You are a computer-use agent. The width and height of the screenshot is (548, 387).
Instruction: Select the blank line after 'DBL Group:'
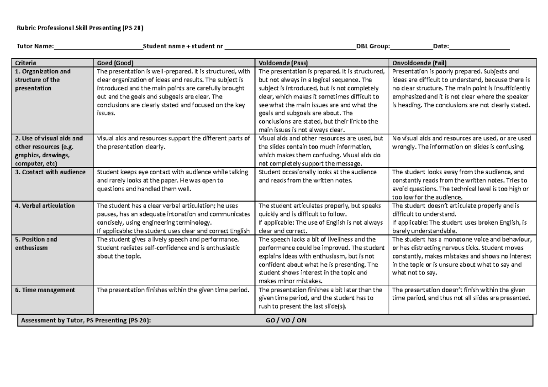pos(411,46)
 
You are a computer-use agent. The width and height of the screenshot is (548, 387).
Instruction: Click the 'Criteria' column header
pos(26,63)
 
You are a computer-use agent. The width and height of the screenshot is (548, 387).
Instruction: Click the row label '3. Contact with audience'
pos(50,172)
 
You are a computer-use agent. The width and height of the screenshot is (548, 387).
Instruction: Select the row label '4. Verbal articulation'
pos(45,206)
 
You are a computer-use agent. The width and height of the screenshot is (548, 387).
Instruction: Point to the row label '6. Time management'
pos(45,290)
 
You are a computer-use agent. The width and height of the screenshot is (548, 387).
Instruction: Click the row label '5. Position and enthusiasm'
pos(36,244)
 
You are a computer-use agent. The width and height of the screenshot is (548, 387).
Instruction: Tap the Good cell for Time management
pos(174,290)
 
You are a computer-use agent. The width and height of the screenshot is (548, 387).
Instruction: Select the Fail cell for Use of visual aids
pos(461,143)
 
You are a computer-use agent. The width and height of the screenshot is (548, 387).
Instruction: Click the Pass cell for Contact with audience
pos(318,176)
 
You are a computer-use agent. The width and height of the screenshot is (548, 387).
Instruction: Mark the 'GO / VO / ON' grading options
pos(286,320)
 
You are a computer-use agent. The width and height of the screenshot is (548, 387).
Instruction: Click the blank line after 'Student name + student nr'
pos(290,46)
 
